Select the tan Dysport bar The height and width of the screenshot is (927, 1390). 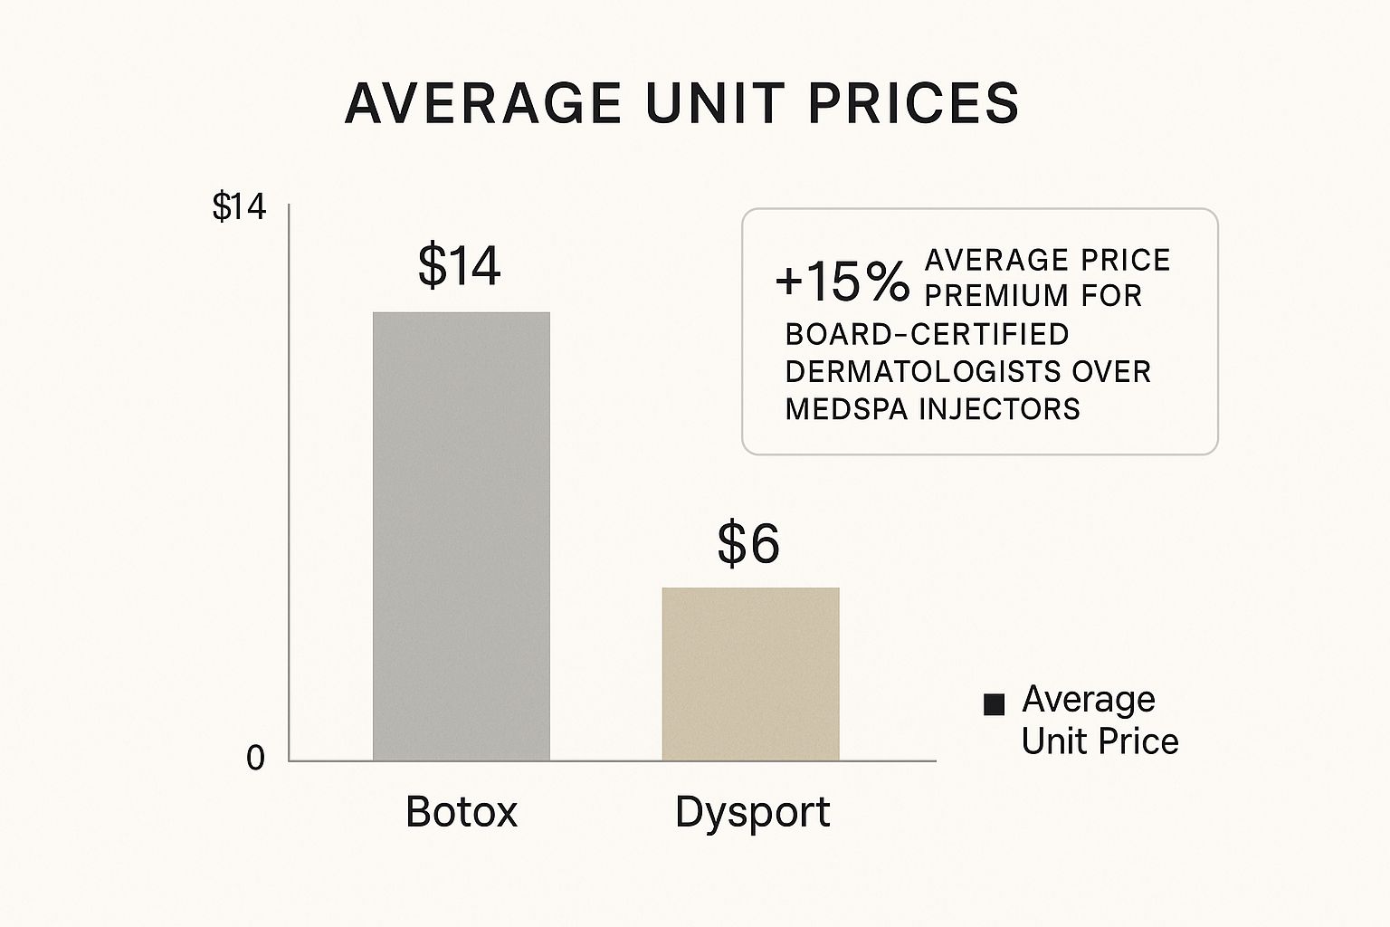[750, 674]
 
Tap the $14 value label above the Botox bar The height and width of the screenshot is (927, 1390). [459, 266]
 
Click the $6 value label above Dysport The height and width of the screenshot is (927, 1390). [748, 544]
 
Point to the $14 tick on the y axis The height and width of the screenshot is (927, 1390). [239, 207]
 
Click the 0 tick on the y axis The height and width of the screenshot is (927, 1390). [256, 759]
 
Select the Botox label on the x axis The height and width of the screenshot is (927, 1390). [462, 811]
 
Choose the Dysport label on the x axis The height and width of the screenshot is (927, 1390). [752, 812]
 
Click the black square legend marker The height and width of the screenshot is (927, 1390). [994, 704]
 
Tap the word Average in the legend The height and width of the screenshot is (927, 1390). [1089, 700]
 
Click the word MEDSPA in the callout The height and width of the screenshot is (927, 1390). [846, 409]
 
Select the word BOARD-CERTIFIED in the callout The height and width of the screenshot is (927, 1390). [927, 334]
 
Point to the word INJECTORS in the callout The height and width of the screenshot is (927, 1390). [1000, 409]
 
